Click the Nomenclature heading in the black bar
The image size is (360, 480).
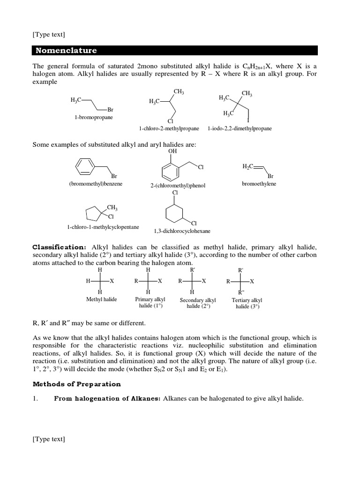pos(65,50)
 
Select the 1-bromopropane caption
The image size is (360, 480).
pos(94,118)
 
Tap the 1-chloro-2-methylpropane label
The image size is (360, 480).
pos(169,128)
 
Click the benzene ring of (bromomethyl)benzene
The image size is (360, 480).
pos(85,165)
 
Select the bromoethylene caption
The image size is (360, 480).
pos(259,184)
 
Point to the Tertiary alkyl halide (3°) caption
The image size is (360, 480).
pos(247,303)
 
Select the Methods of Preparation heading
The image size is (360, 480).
pos(76,384)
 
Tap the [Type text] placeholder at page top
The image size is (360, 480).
pos(49,34)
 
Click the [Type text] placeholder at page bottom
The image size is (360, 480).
pos(49,439)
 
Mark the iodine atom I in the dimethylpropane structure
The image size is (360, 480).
pos(248,120)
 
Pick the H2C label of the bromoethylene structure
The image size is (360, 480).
pos(248,166)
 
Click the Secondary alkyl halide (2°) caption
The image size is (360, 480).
pos(198,303)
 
